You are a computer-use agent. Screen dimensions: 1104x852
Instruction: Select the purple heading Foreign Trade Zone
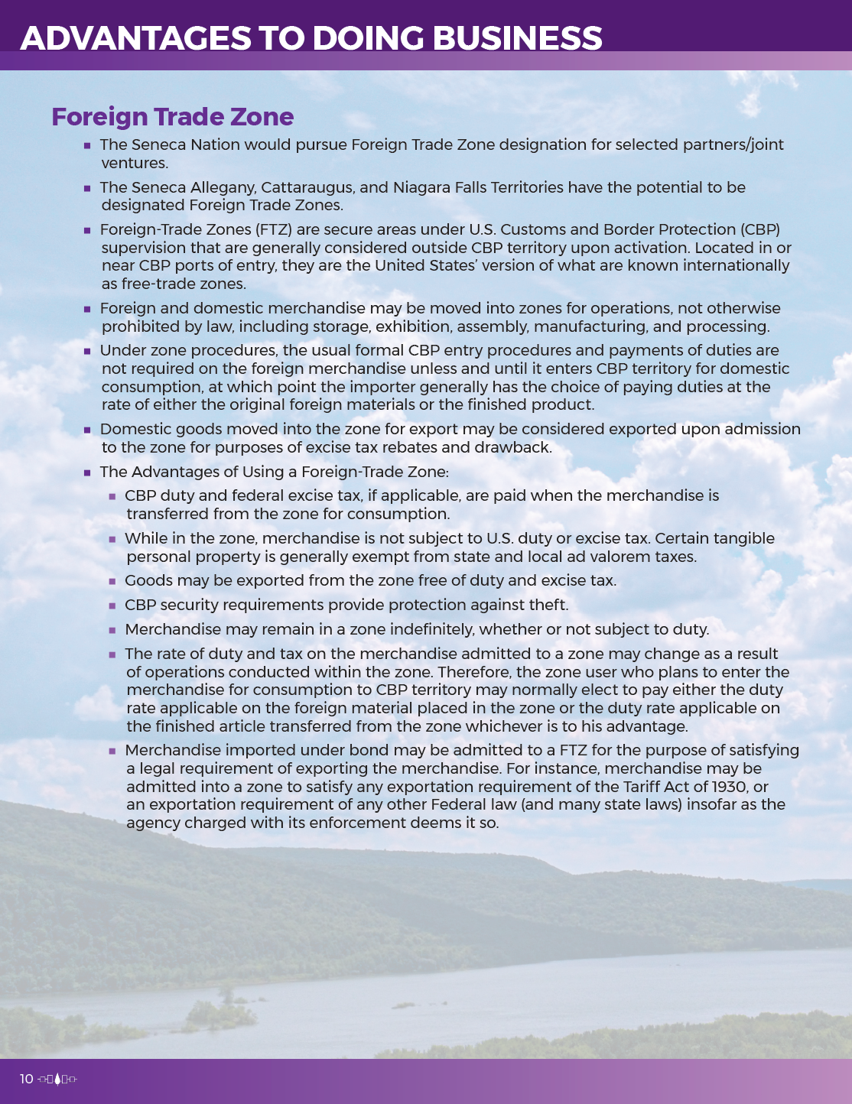(172, 117)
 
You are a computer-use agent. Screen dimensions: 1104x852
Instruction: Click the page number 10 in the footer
(27, 1079)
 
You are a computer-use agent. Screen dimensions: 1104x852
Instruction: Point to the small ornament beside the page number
(57, 1079)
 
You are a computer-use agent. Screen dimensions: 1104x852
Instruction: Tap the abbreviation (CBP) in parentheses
(759, 229)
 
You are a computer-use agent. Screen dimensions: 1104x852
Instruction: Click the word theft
(548, 605)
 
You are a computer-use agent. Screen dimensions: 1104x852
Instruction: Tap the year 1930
(730, 787)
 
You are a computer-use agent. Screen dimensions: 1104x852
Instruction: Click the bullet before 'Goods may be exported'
(112, 582)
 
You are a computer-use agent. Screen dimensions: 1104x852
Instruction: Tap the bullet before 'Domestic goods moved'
(87, 430)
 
